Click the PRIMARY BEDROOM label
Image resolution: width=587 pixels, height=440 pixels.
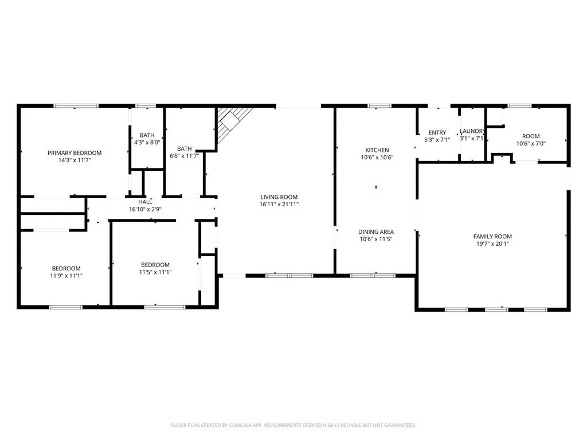pyautogui.click(x=75, y=152)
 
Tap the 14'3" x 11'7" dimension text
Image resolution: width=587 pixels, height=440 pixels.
pyautogui.click(x=75, y=160)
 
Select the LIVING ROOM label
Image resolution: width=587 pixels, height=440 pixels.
pyautogui.click(x=279, y=197)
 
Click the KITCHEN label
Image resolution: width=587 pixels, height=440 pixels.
pyautogui.click(x=377, y=150)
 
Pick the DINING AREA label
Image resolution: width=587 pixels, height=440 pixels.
pyautogui.click(x=376, y=231)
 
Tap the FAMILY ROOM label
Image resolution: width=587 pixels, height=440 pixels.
pyautogui.click(x=492, y=237)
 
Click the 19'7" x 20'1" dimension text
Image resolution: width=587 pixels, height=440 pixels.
pyautogui.click(x=492, y=244)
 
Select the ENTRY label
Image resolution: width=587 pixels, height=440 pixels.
pyautogui.click(x=437, y=132)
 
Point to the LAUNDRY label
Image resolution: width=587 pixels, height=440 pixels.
pyautogui.click(x=472, y=131)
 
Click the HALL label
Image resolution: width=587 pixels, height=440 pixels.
pyautogui.click(x=145, y=202)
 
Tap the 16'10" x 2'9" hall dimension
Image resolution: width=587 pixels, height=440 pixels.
pyautogui.click(x=145, y=210)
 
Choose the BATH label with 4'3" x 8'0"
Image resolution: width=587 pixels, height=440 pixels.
pyautogui.click(x=147, y=135)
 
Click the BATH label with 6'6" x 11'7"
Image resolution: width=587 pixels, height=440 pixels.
pyautogui.click(x=184, y=148)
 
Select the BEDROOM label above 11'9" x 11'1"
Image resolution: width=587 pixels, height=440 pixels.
pyautogui.click(x=66, y=268)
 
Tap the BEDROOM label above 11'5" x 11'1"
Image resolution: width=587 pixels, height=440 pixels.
pyautogui.click(x=155, y=265)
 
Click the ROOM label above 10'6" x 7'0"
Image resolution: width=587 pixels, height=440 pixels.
pyautogui.click(x=531, y=136)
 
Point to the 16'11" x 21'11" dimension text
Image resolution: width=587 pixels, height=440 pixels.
pyautogui.click(x=279, y=205)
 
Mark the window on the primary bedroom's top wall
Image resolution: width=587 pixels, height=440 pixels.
pyautogui.click(x=76, y=106)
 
